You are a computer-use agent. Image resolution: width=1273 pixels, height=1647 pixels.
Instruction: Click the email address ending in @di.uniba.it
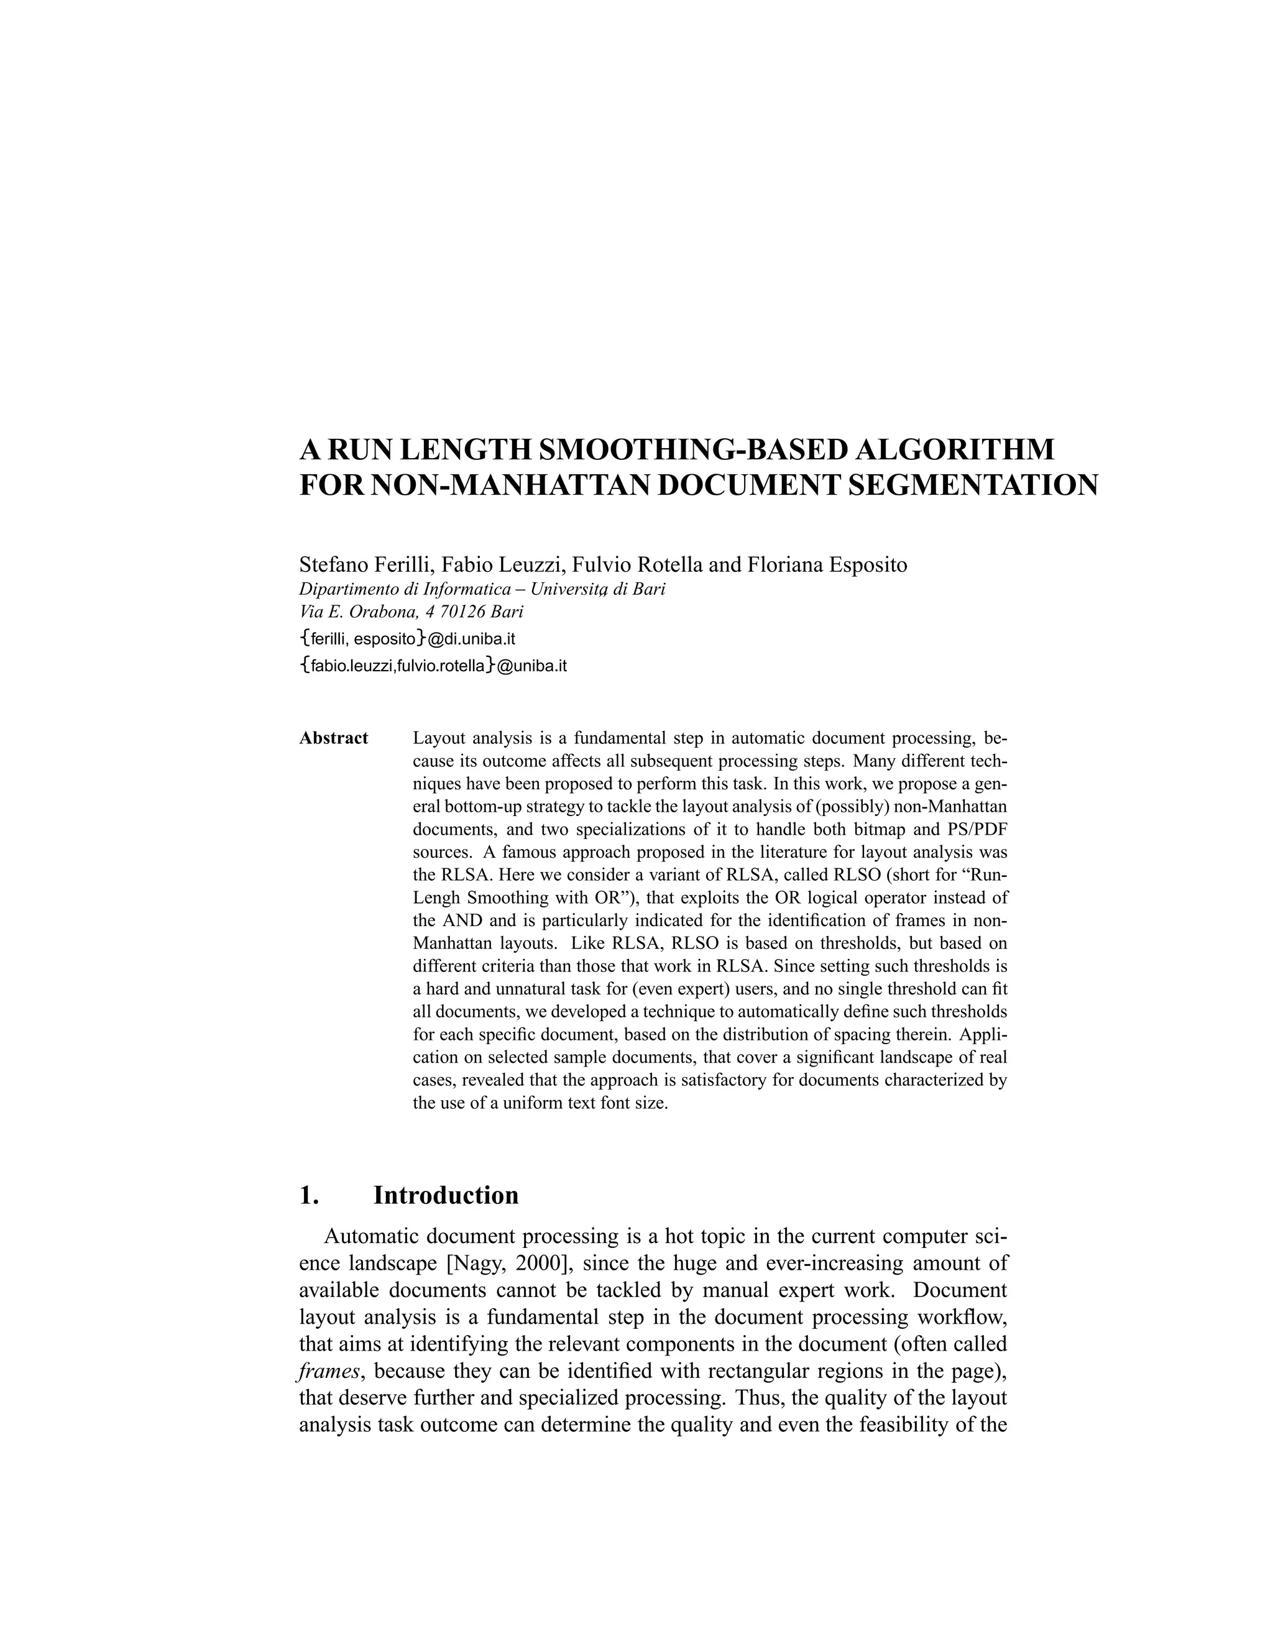click(407, 640)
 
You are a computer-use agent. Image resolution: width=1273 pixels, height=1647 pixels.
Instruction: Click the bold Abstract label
click(333, 738)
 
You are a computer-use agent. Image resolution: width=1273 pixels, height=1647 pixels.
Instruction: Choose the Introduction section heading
click(446, 1196)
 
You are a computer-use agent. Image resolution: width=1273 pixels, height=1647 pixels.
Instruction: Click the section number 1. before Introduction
click(308, 1196)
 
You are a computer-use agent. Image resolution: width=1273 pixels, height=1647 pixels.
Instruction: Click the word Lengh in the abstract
click(438, 898)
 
